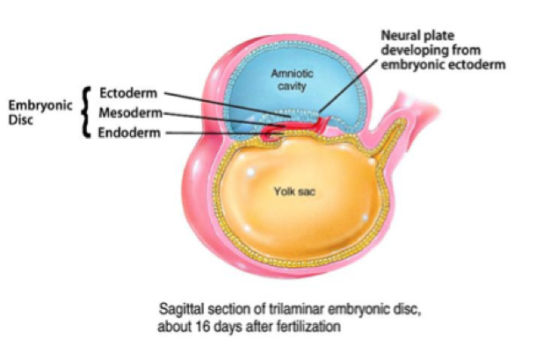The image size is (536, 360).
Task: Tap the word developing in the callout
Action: coord(408,49)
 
